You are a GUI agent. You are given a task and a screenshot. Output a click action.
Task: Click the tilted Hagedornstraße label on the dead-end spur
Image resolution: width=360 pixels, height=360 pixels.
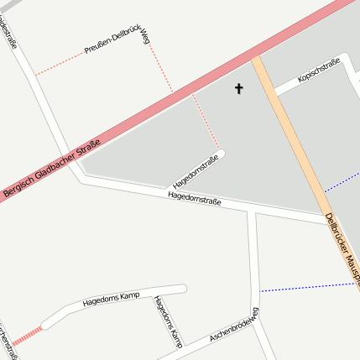click(x=195, y=172)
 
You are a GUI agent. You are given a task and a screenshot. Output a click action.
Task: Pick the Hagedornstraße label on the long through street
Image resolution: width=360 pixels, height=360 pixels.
click(x=194, y=198)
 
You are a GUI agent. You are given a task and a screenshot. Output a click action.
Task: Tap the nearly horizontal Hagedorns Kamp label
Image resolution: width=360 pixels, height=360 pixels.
click(x=111, y=299)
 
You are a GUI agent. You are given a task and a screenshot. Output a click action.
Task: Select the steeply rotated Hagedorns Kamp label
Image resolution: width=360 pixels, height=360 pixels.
click(x=167, y=321)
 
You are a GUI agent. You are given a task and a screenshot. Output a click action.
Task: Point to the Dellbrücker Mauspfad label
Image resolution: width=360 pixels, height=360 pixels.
click(x=342, y=248)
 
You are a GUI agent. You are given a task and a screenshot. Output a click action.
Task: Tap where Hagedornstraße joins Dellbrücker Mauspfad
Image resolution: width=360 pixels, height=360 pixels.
click(x=326, y=219)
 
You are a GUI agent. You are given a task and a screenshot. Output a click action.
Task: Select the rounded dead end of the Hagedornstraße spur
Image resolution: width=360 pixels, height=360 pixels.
click(x=222, y=154)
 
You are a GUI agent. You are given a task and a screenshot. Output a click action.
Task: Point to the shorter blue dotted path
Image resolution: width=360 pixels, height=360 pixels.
click(x=340, y=181)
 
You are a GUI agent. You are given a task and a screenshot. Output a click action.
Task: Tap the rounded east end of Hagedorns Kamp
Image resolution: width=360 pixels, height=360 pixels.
click(x=181, y=289)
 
